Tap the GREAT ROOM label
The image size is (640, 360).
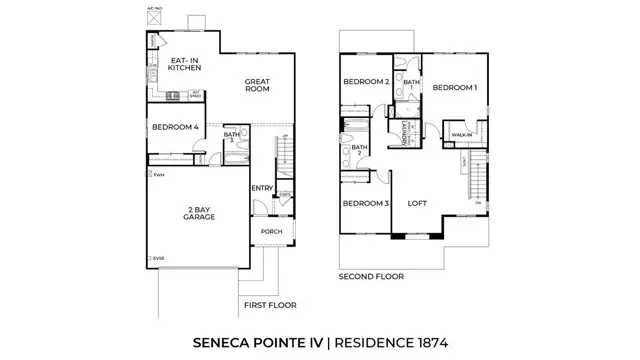(258, 86)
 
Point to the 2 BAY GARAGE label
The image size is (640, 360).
(200, 213)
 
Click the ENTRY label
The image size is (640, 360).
(262, 187)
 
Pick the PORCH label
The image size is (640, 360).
(272, 231)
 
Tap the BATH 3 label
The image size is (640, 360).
(231, 138)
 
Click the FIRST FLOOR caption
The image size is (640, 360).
(269, 304)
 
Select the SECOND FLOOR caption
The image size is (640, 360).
(371, 276)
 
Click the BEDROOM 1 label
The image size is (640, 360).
(454, 88)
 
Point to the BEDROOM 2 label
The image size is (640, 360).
(366, 82)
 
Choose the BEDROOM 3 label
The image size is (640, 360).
(365, 203)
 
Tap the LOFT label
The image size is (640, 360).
(417, 203)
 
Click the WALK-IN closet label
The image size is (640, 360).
(462, 134)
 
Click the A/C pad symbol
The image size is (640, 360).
(153, 17)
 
